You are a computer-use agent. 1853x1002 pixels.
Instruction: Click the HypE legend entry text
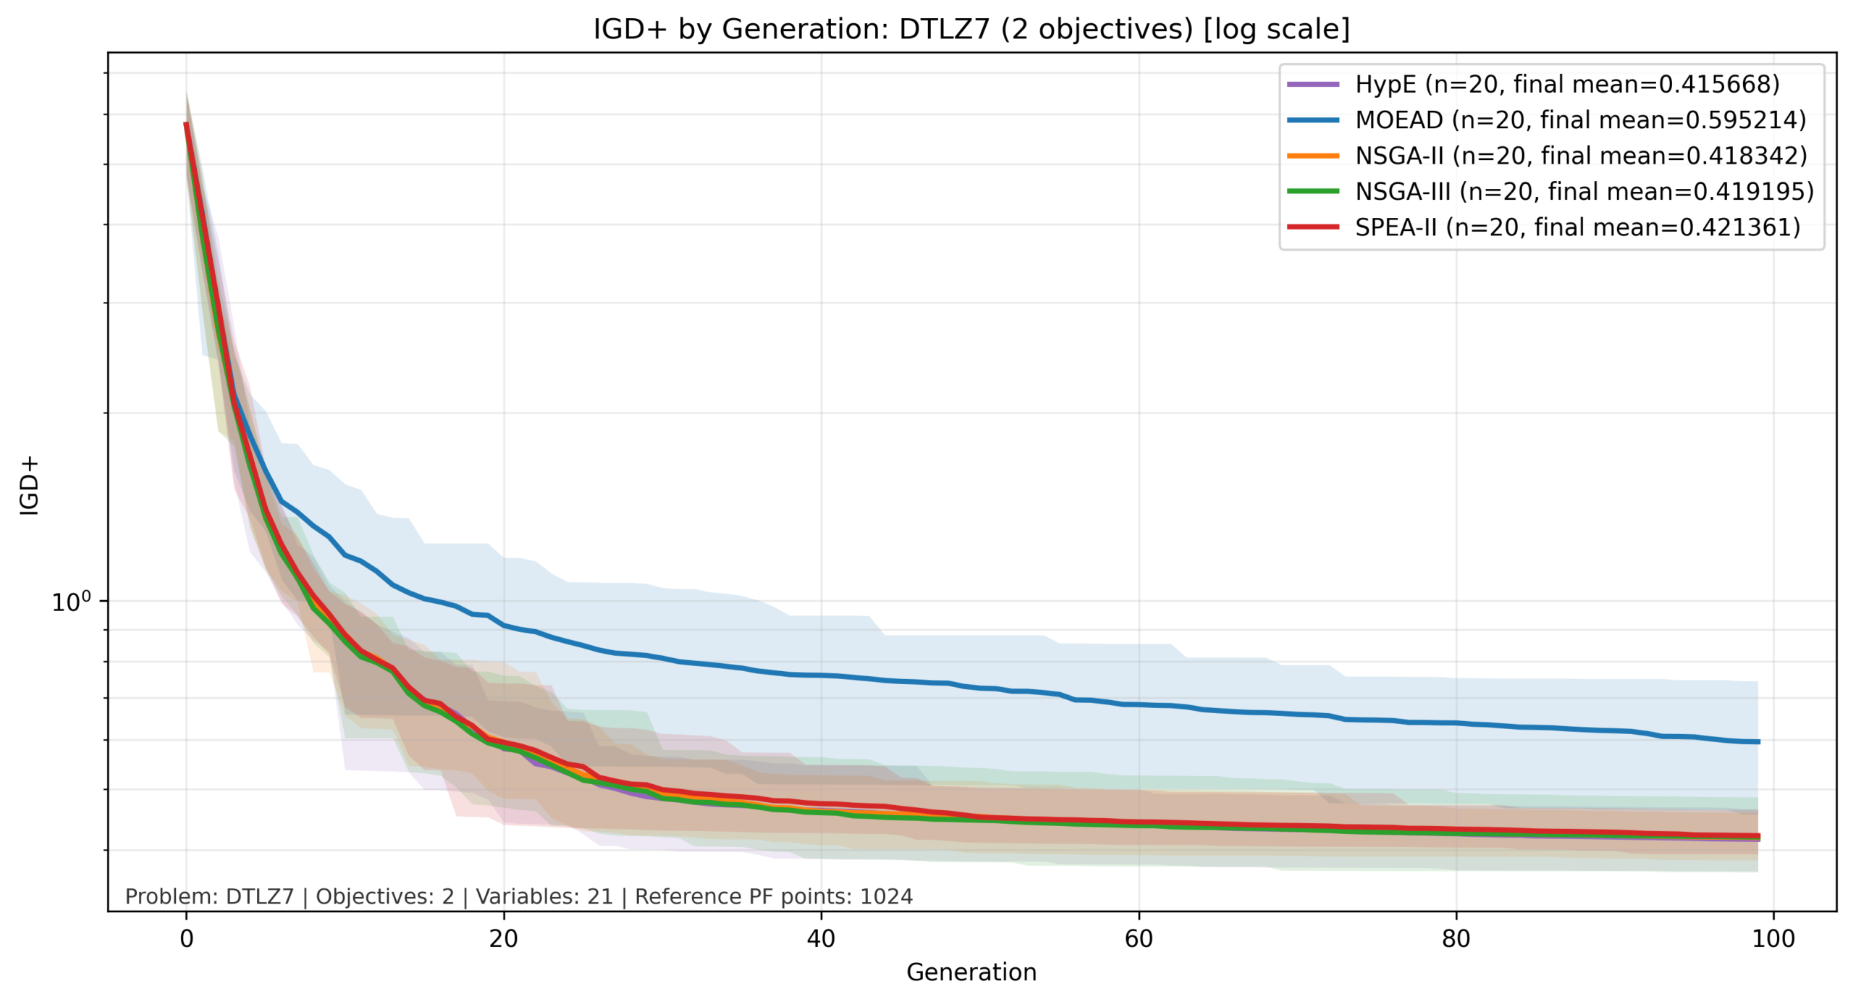click(x=1566, y=84)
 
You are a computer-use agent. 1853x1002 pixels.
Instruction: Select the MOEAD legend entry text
click(x=1580, y=119)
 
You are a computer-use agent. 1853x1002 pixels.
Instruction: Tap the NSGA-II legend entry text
click(x=1581, y=156)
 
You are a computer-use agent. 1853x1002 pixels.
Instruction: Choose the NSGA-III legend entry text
click(x=1584, y=191)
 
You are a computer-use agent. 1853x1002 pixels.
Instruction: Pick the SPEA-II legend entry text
click(x=1577, y=227)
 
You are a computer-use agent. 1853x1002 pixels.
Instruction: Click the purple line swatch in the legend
click(x=1312, y=84)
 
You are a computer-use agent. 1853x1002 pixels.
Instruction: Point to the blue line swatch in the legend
click(x=1312, y=119)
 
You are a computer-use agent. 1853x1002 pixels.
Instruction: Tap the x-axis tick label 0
click(x=186, y=939)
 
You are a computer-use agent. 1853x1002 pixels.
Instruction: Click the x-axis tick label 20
click(x=503, y=939)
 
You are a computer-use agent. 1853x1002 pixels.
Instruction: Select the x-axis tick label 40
click(x=821, y=939)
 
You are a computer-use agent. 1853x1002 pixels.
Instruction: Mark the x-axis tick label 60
click(x=1138, y=939)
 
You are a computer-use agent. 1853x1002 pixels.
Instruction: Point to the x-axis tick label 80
click(x=1456, y=939)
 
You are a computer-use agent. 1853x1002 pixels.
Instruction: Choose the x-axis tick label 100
click(x=1773, y=939)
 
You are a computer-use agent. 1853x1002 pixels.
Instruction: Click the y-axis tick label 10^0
click(x=71, y=602)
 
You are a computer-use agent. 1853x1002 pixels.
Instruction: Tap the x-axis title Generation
click(x=971, y=972)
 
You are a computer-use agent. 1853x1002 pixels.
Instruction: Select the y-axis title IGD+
click(x=29, y=485)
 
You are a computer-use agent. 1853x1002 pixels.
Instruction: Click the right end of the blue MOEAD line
click(x=1757, y=741)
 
